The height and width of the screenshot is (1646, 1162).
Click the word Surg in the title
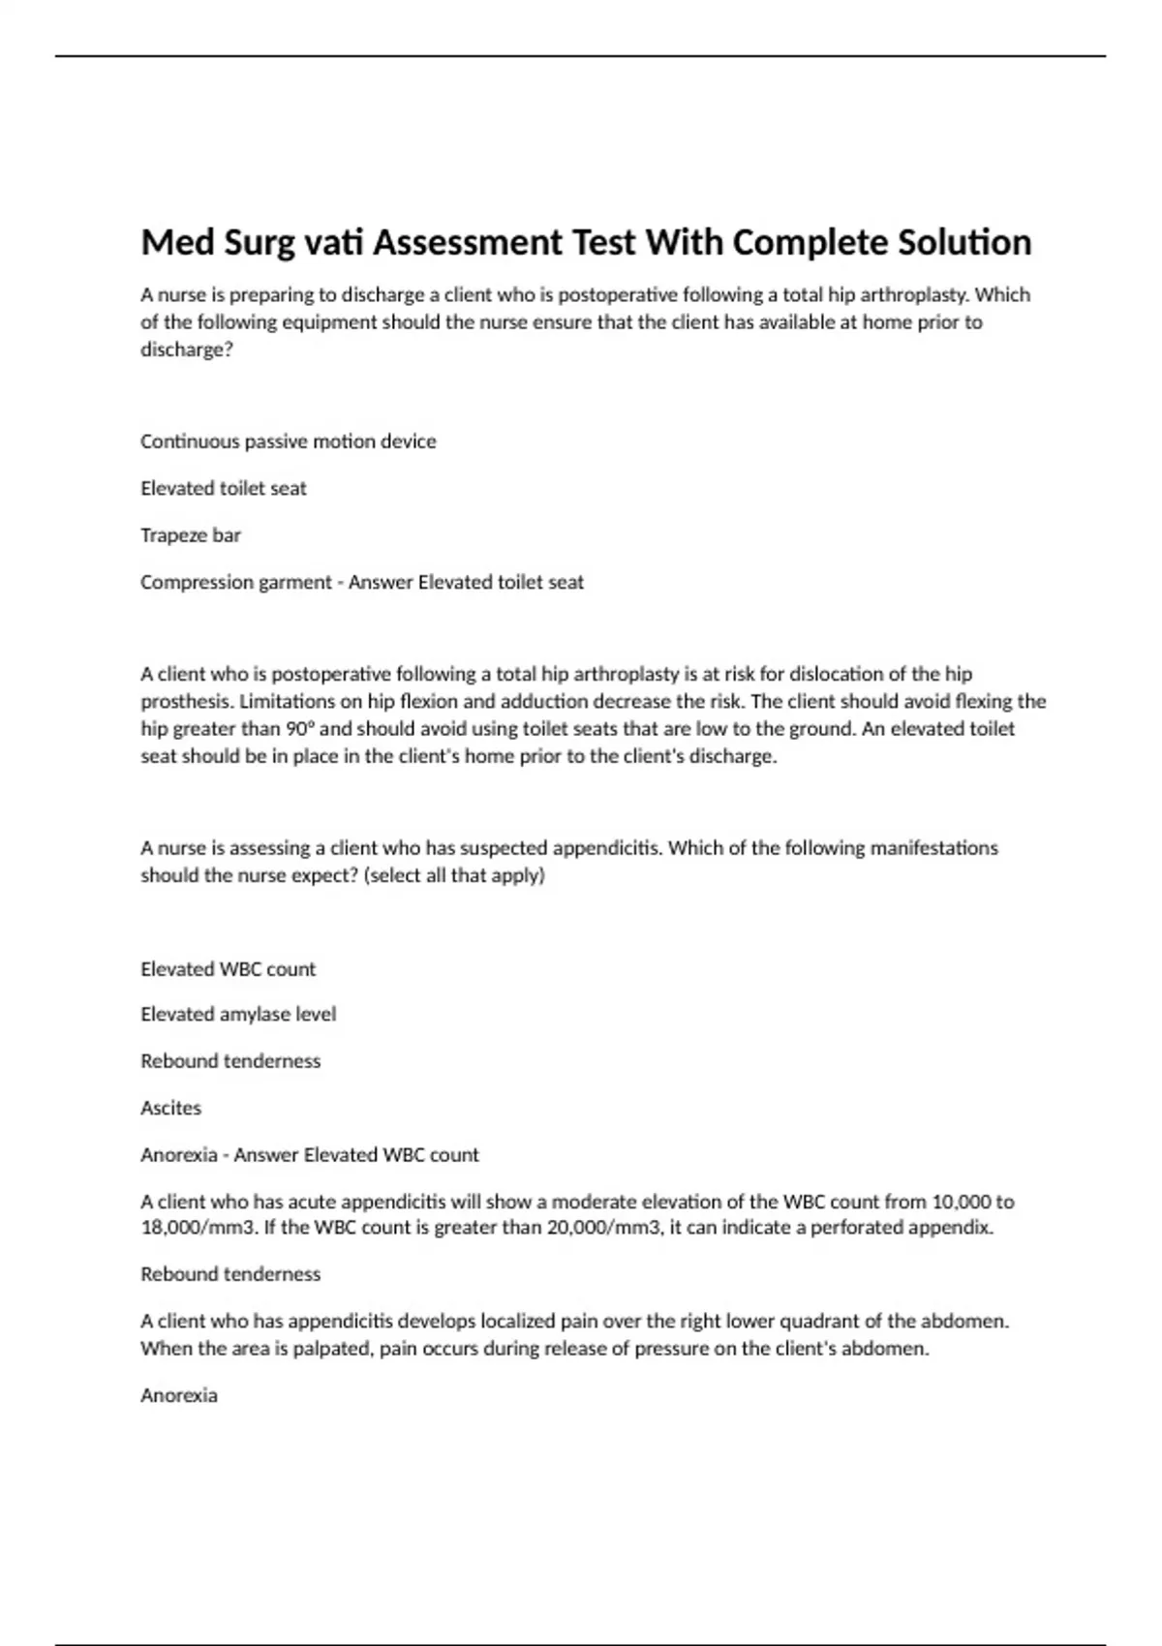pos(259,242)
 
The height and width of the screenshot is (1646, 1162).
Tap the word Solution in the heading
pos(964,242)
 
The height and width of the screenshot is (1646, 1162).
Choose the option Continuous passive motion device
pos(288,442)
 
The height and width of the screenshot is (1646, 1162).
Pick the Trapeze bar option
pos(190,535)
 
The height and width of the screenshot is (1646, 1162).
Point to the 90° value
pos(301,729)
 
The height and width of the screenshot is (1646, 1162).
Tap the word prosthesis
pos(186,702)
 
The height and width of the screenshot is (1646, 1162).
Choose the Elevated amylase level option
pos(238,1015)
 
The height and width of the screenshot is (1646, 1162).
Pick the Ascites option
pos(170,1109)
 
